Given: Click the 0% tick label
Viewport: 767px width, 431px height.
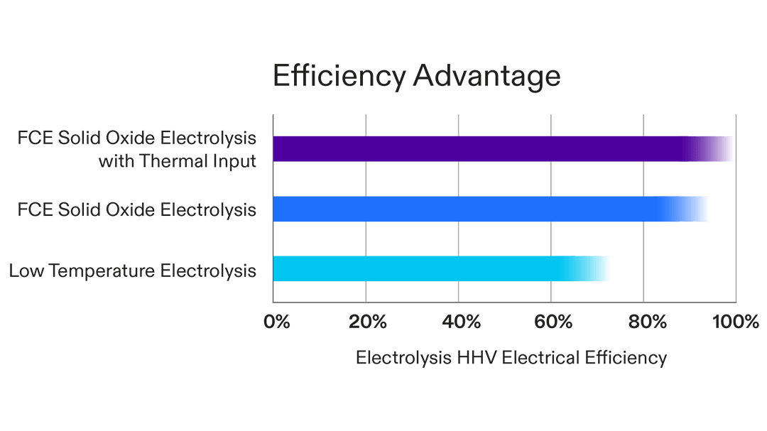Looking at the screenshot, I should (277, 322).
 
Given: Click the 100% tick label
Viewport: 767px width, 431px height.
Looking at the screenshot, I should (735, 322).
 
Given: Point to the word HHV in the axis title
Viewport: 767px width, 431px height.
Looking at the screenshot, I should (480, 357).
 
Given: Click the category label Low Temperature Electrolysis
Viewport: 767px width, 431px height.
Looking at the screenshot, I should (133, 271).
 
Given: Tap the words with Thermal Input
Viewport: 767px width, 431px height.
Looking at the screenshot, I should (177, 161).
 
